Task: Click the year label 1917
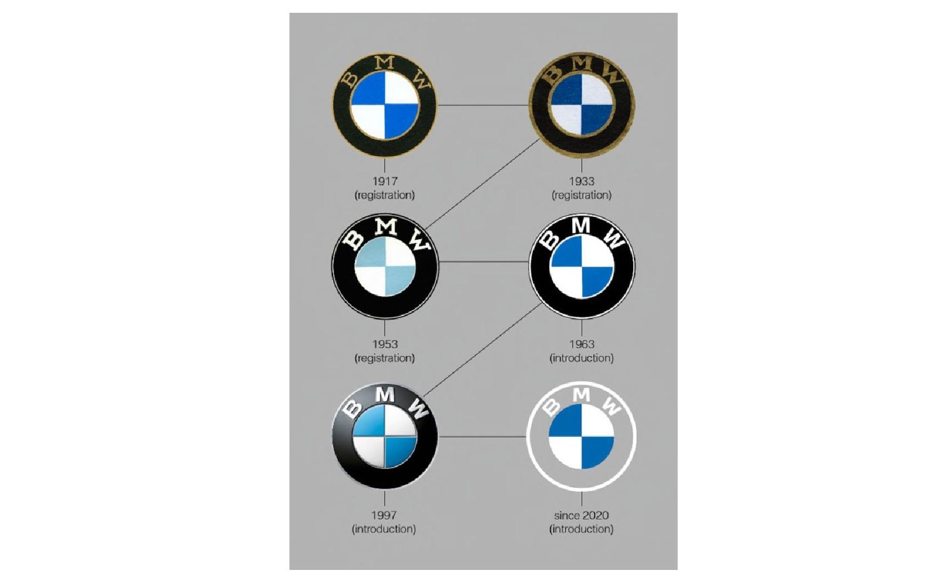coord(385,182)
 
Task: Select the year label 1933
coord(581,182)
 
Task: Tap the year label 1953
coord(385,344)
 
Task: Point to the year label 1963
coord(581,344)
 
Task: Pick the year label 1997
coord(384,515)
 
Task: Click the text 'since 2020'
coord(581,515)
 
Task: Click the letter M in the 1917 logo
coord(384,62)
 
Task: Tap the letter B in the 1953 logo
coord(354,240)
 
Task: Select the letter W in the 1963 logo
coord(614,238)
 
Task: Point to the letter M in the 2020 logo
coord(581,394)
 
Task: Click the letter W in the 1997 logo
coord(417,409)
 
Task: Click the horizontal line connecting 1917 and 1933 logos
coord(483,105)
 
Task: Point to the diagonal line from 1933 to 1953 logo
coord(482,184)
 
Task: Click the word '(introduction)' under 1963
coord(581,358)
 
